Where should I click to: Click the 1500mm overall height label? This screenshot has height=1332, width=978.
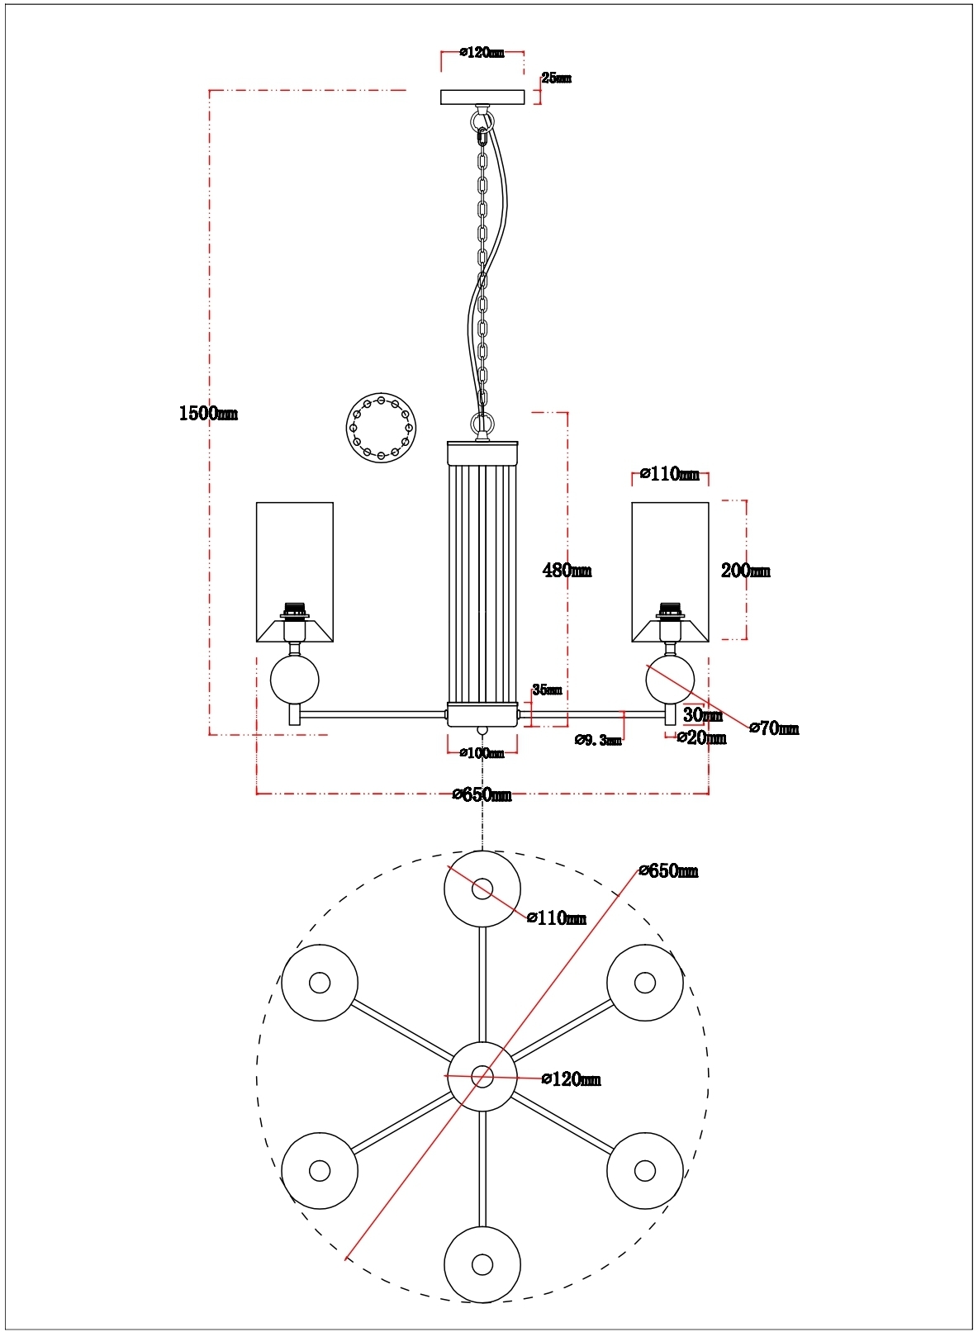(208, 413)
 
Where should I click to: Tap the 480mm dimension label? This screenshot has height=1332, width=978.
(567, 570)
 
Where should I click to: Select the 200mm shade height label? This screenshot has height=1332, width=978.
(745, 570)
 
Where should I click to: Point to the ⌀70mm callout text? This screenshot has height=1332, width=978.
(774, 728)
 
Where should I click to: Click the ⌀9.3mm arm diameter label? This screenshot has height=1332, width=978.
(598, 740)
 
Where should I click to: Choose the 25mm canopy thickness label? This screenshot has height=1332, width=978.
(556, 78)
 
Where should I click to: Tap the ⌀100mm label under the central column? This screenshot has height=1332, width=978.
(482, 753)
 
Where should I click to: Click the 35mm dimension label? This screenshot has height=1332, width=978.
(547, 690)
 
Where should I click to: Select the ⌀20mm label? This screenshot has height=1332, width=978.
(701, 738)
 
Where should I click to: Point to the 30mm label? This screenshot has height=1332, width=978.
(702, 715)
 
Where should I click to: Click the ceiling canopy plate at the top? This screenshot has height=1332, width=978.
(482, 97)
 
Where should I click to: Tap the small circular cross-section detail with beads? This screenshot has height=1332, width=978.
(381, 428)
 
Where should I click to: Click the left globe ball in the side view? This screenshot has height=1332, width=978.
(295, 679)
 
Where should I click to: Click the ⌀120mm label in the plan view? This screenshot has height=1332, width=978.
(571, 1079)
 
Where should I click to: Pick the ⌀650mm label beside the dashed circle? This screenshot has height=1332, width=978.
(668, 871)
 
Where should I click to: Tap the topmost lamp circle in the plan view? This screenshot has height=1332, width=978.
(482, 889)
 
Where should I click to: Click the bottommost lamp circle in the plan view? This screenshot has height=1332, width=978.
(482, 1264)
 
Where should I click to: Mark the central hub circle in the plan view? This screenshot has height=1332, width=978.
(482, 1076)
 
